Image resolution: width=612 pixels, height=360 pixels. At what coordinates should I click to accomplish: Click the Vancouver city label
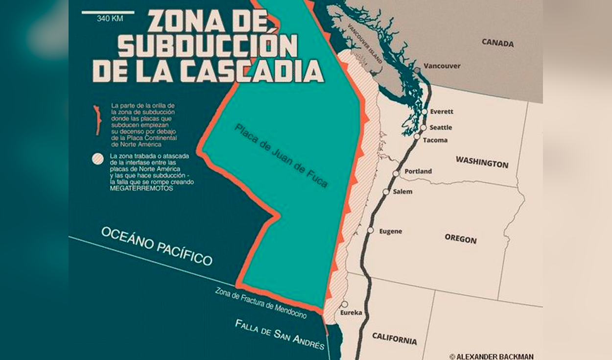[x=442, y=66]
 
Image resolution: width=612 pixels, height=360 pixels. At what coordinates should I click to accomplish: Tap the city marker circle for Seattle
[x=424, y=128]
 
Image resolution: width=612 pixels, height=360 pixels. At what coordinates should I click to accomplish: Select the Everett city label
[x=442, y=112]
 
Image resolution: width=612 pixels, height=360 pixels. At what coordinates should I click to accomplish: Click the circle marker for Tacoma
[x=417, y=137]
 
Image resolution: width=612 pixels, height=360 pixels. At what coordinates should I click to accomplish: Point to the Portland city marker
[x=396, y=173]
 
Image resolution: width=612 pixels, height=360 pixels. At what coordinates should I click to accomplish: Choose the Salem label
[x=402, y=192]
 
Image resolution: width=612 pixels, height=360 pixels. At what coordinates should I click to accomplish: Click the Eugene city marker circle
[x=371, y=230]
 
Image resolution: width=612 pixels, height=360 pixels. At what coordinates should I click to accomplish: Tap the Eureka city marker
[x=345, y=304]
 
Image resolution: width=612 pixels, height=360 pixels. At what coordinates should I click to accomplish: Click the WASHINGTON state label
[x=482, y=163]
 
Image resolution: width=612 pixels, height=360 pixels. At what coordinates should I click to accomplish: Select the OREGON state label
[x=460, y=239]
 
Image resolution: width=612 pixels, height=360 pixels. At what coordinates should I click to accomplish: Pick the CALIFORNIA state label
[x=394, y=338]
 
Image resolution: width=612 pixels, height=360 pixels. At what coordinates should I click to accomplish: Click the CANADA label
[x=497, y=43]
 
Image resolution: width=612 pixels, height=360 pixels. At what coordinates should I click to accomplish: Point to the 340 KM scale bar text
[x=110, y=19]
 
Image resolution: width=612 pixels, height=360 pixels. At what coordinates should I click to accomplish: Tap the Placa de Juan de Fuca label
[x=281, y=156]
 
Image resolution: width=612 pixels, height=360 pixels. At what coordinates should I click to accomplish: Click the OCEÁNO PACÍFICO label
[x=157, y=246]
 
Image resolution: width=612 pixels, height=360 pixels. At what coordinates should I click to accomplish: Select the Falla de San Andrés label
[x=280, y=335]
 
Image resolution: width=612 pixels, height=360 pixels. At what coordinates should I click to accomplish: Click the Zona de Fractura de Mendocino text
[x=261, y=302]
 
